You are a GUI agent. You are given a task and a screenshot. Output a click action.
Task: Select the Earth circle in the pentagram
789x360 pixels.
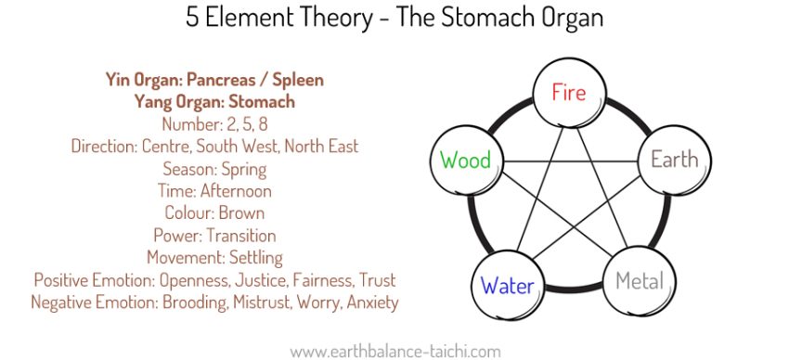pos(674,160)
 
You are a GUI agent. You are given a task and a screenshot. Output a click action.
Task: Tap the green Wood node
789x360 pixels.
pos(465,161)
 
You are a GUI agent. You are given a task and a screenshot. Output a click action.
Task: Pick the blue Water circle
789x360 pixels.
pos(507,285)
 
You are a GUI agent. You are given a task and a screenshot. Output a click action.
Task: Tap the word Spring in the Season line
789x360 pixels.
pos(242,169)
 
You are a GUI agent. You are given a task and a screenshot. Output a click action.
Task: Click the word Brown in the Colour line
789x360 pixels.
pos(239,213)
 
